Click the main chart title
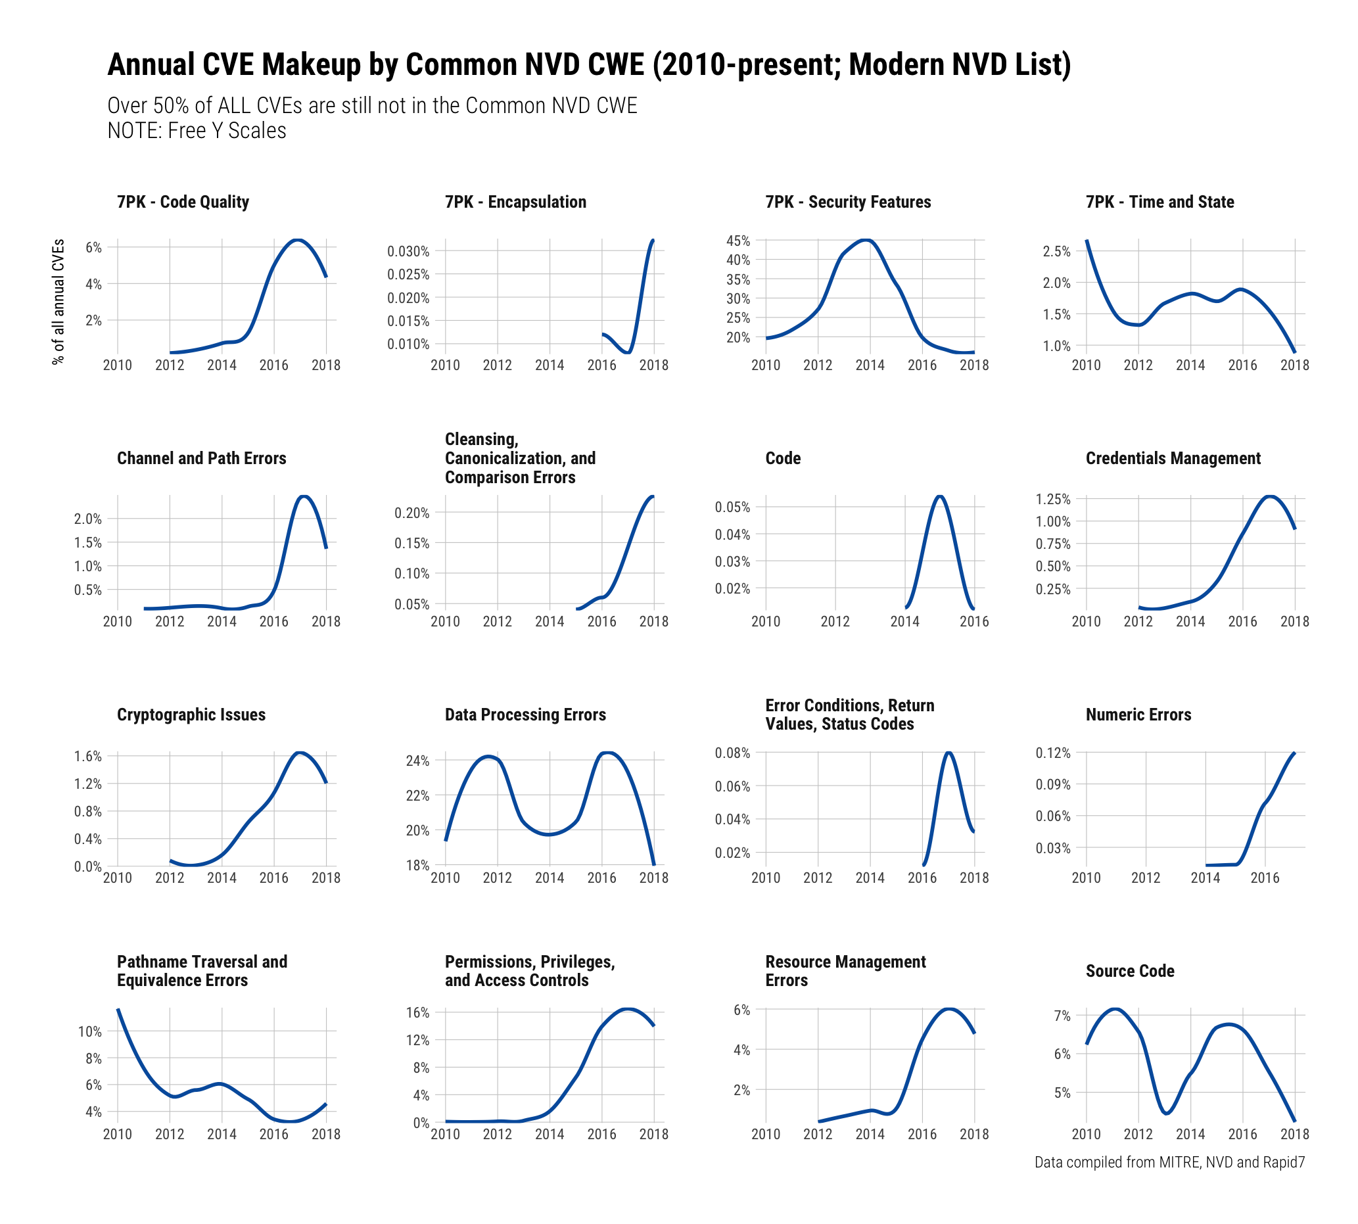tap(588, 65)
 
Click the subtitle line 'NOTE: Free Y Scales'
tap(197, 130)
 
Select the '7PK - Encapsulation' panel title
tap(515, 202)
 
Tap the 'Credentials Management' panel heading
tap(1173, 458)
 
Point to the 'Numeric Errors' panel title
tap(1138, 715)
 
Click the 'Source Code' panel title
tap(1129, 970)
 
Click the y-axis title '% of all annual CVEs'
tap(59, 301)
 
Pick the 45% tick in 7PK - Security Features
tap(738, 241)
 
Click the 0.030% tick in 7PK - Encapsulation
tap(408, 252)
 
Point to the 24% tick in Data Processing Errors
tap(417, 761)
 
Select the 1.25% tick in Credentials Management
tap(1052, 499)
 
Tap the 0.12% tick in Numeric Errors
tap(1052, 753)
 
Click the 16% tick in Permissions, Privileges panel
tap(417, 1012)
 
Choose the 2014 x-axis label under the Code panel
tap(904, 621)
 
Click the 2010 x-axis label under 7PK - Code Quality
tap(117, 365)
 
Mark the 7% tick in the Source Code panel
tap(1062, 1016)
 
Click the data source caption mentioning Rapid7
tap(1169, 1162)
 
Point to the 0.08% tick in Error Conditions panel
tap(732, 753)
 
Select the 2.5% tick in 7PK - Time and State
tap(1056, 252)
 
